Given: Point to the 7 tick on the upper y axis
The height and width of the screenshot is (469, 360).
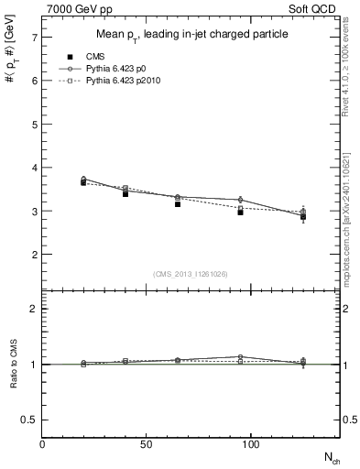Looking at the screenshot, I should pyautogui.click(x=33, y=38).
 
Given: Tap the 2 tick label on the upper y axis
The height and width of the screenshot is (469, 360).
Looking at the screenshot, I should pyautogui.click(x=33, y=255).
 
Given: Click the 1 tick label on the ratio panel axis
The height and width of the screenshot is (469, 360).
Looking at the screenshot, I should pyautogui.click(x=33, y=365).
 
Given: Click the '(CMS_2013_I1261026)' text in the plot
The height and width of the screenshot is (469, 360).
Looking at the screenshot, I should pyautogui.click(x=191, y=273).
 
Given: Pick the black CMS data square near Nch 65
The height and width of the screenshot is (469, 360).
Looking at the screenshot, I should pyautogui.click(x=178, y=204).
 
